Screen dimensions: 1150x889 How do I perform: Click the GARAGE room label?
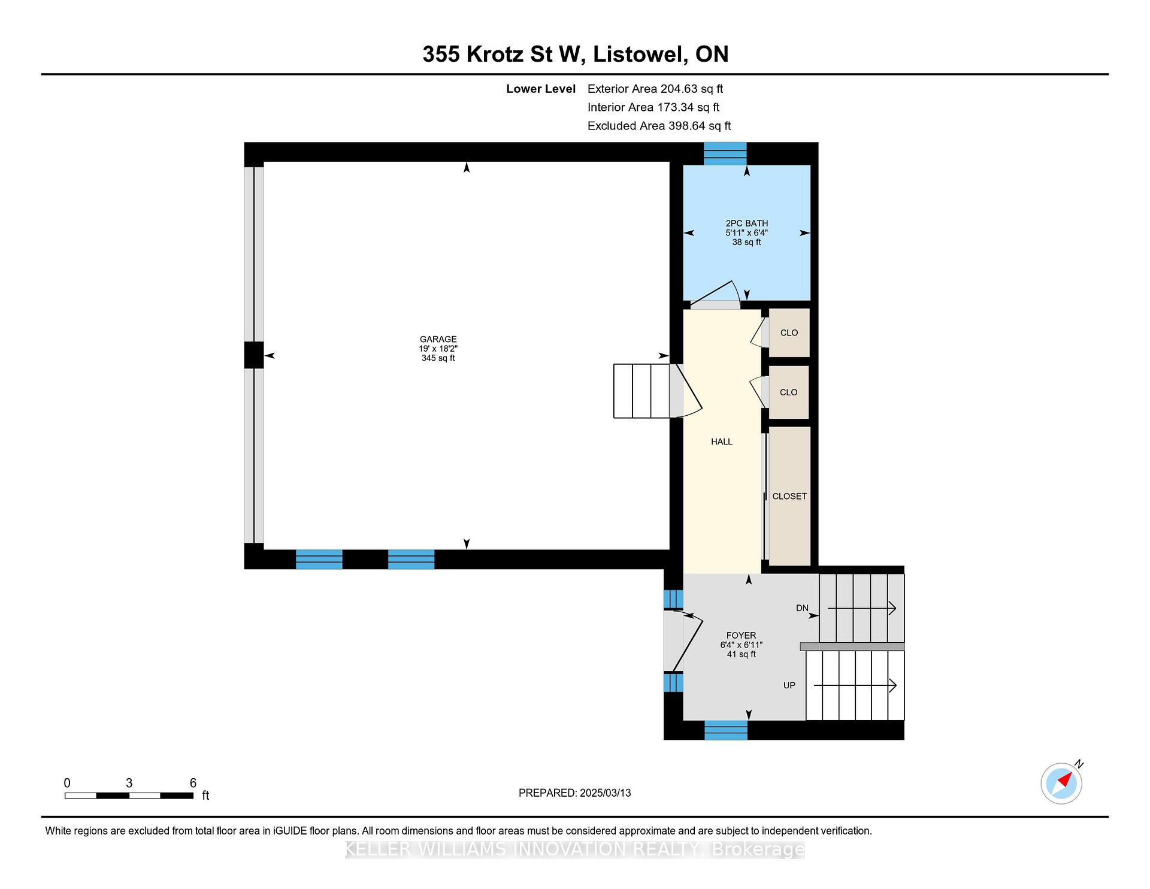pyautogui.click(x=438, y=339)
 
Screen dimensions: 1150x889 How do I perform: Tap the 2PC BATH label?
pyautogui.click(x=746, y=223)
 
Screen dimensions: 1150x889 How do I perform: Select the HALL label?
pyautogui.click(x=722, y=442)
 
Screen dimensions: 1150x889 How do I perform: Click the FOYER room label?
pyautogui.click(x=741, y=635)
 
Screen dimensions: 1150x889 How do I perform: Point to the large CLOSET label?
pyautogui.click(x=789, y=496)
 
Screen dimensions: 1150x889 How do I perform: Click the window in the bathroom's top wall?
pyautogui.click(x=725, y=153)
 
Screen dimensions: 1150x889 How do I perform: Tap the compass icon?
pyautogui.click(x=1062, y=782)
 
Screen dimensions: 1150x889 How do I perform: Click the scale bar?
pyautogui.click(x=129, y=796)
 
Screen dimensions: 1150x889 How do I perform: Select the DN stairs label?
pyautogui.click(x=802, y=608)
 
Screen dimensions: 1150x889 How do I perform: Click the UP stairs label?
pyautogui.click(x=789, y=685)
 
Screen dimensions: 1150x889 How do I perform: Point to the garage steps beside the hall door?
pyautogui.click(x=641, y=391)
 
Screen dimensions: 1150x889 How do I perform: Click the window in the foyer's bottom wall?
pyautogui.click(x=726, y=730)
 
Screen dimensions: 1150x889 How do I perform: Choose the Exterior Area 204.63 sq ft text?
pyautogui.click(x=655, y=89)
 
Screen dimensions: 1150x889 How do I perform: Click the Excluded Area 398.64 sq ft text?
pyautogui.click(x=659, y=126)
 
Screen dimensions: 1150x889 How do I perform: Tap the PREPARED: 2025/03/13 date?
pyautogui.click(x=574, y=793)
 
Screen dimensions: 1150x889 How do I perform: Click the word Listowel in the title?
pyautogui.click(x=640, y=54)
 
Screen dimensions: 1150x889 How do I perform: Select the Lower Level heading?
pyautogui.click(x=541, y=89)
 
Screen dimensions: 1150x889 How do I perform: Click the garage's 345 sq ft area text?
pyautogui.click(x=438, y=358)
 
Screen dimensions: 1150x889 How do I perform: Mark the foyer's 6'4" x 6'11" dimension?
pyautogui.click(x=741, y=645)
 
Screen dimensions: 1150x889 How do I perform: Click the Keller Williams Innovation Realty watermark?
pyautogui.click(x=575, y=849)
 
